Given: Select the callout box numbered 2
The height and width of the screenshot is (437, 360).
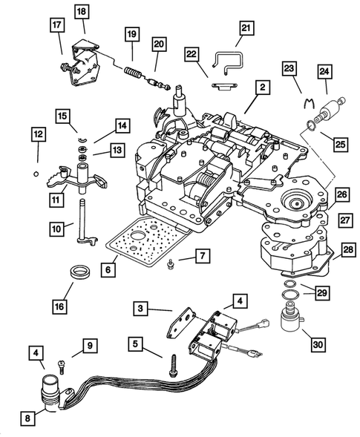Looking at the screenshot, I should coord(262,88).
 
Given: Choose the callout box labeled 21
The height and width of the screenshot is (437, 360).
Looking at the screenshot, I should coord(246,30).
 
